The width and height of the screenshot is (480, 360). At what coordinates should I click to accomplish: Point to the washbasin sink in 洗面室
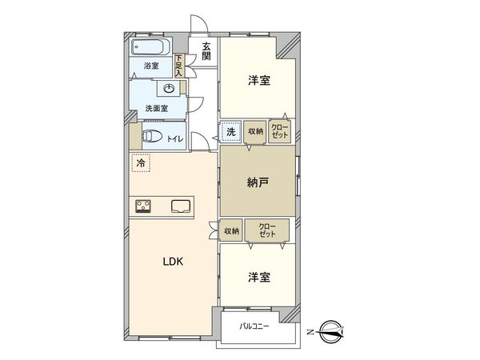click(171, 88)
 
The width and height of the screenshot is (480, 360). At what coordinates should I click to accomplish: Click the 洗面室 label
click(155, 108)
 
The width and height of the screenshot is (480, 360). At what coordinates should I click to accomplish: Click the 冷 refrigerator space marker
click(141, 163)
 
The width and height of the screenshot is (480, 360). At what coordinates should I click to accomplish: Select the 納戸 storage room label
click(257, 182)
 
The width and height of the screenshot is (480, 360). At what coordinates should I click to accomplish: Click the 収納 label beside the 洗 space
click(255, 132)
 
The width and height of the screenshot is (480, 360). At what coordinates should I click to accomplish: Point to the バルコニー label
click(254, 326)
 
